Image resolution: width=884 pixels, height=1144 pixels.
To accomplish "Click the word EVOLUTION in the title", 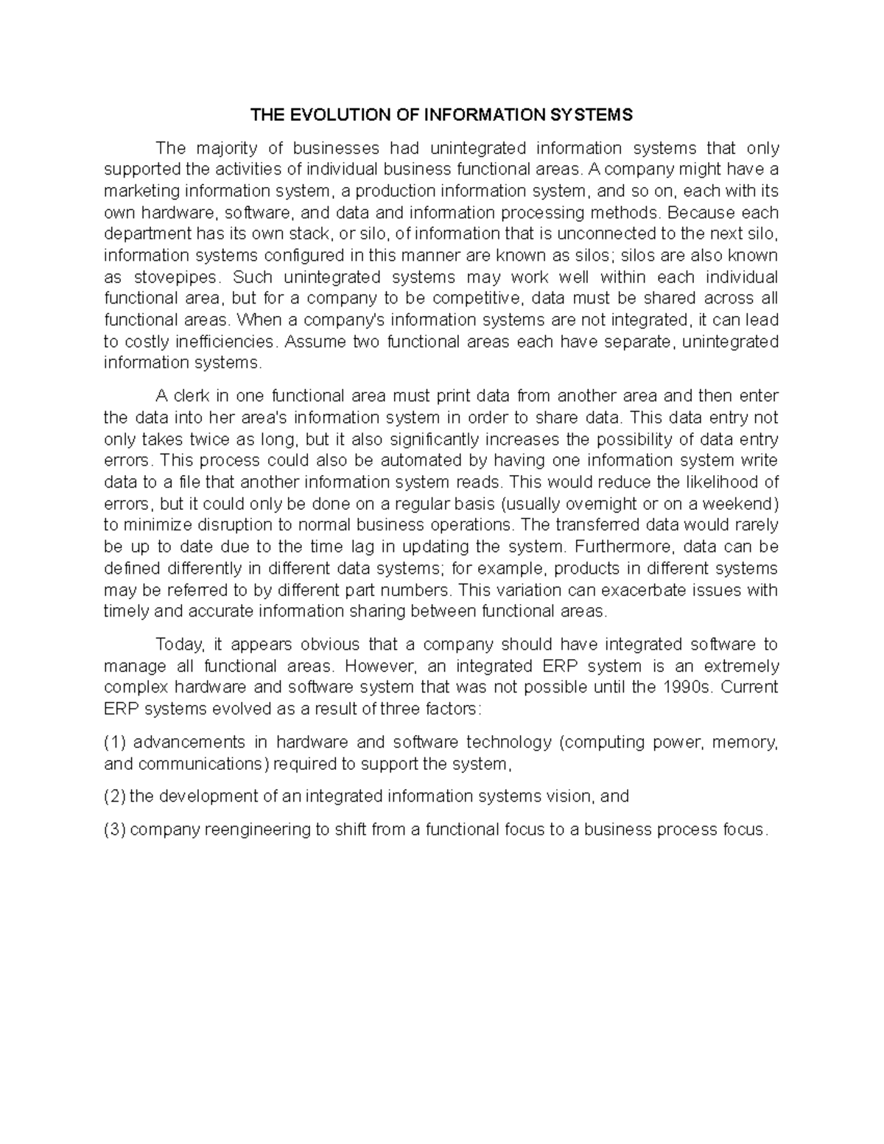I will (332, 115).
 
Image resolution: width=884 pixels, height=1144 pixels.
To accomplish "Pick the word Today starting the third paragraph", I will (178, 645).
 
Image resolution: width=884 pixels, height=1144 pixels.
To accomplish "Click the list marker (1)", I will (115, 742).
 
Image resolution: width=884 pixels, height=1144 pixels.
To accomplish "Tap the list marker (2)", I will (115, 796).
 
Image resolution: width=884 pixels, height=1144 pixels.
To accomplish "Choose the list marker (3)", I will (115, 829).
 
